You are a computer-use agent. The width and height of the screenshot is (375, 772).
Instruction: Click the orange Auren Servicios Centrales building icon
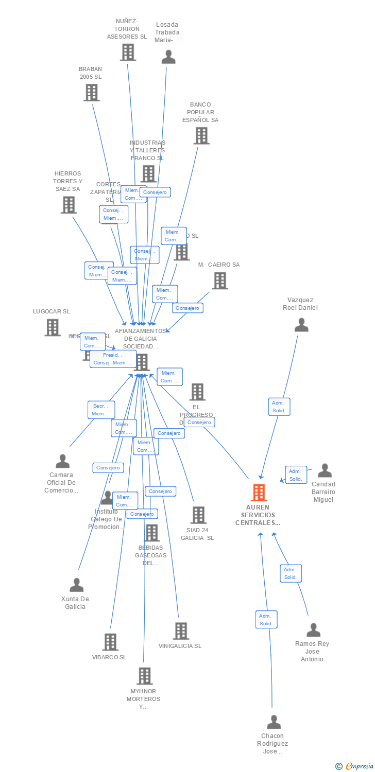click(259, 493)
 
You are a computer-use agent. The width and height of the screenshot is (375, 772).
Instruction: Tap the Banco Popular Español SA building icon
click(201, 136)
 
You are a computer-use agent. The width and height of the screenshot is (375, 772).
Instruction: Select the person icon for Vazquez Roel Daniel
click(301, 325)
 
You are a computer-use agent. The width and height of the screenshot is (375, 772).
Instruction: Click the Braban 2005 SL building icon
click(91, 93)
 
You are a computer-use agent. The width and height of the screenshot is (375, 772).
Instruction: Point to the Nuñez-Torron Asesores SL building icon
click(128, 52)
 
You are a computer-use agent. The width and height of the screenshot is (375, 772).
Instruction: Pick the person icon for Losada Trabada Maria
click(168, 57)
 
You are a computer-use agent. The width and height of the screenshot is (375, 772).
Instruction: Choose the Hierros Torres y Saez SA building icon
click(69, 205)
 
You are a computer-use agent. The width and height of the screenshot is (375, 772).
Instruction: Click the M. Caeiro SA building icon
click(220, 280)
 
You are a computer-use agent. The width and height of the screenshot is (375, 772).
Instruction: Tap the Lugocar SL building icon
click(52, 327)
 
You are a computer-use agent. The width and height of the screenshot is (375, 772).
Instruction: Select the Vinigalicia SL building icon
click(181, 631)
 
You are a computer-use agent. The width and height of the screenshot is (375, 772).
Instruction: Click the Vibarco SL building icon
click(110, 642)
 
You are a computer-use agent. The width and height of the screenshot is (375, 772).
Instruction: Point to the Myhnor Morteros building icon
click(145, 676)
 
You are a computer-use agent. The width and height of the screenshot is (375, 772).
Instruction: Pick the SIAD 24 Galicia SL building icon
click(198, 515)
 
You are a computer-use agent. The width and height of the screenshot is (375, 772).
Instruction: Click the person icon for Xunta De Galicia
click(77, 585)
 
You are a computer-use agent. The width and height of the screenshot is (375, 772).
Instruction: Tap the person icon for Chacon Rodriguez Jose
click(274, 722)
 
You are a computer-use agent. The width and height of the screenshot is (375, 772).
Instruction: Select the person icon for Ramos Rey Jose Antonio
click(313, 630)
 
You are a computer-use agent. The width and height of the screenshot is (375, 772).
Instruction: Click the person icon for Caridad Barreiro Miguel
click(325, 470)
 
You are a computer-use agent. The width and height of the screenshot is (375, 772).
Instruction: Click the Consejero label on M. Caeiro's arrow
click(188, 308)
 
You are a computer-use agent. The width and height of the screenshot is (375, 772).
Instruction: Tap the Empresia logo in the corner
click(356, 766)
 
